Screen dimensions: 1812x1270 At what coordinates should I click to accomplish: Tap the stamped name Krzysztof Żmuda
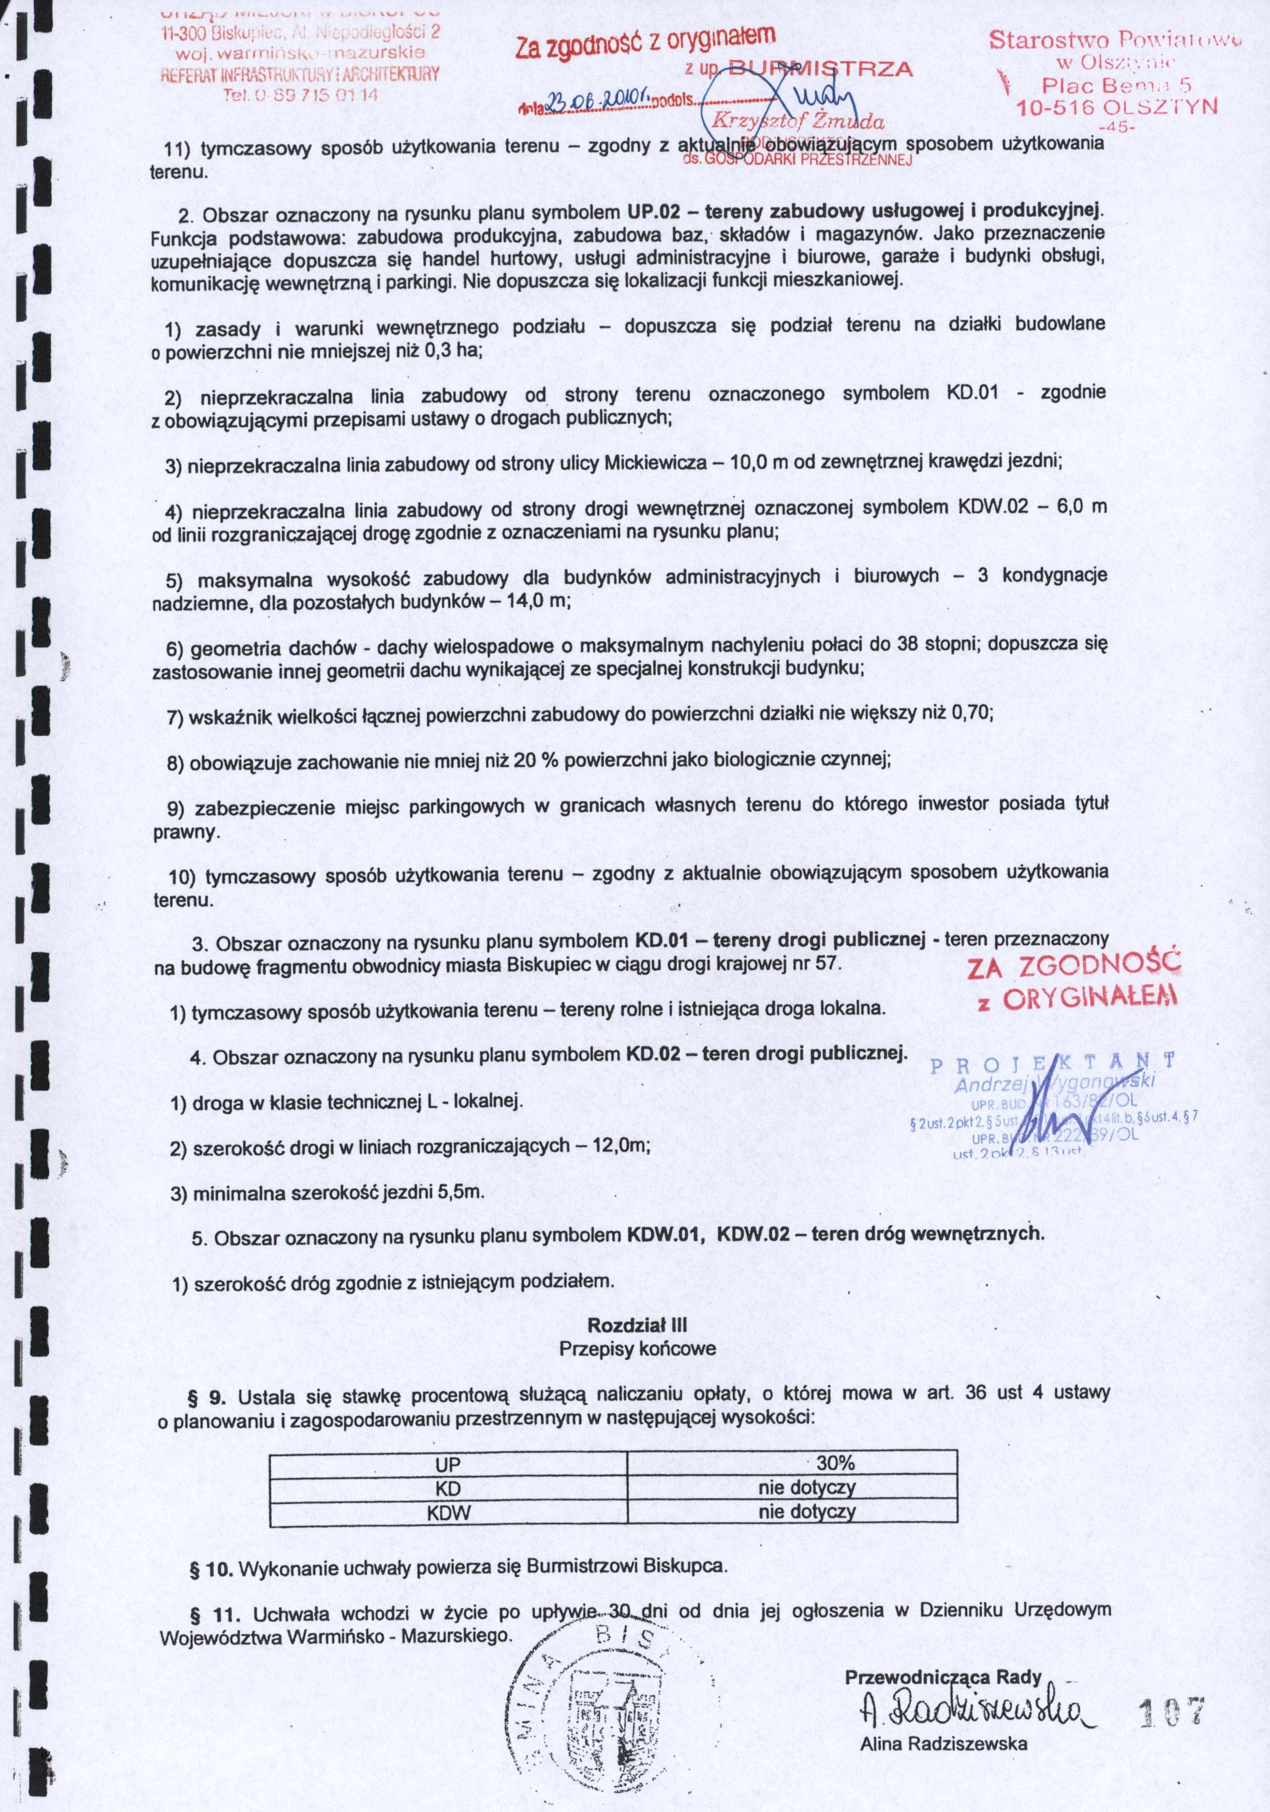click(x=798, y=122)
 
